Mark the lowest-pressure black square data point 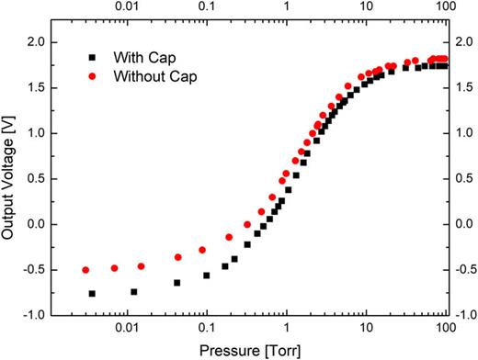(x=92, y=293)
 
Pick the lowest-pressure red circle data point (x=85, y=270)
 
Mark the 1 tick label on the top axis (x=287, y=8)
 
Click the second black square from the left (x=134, y=292)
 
